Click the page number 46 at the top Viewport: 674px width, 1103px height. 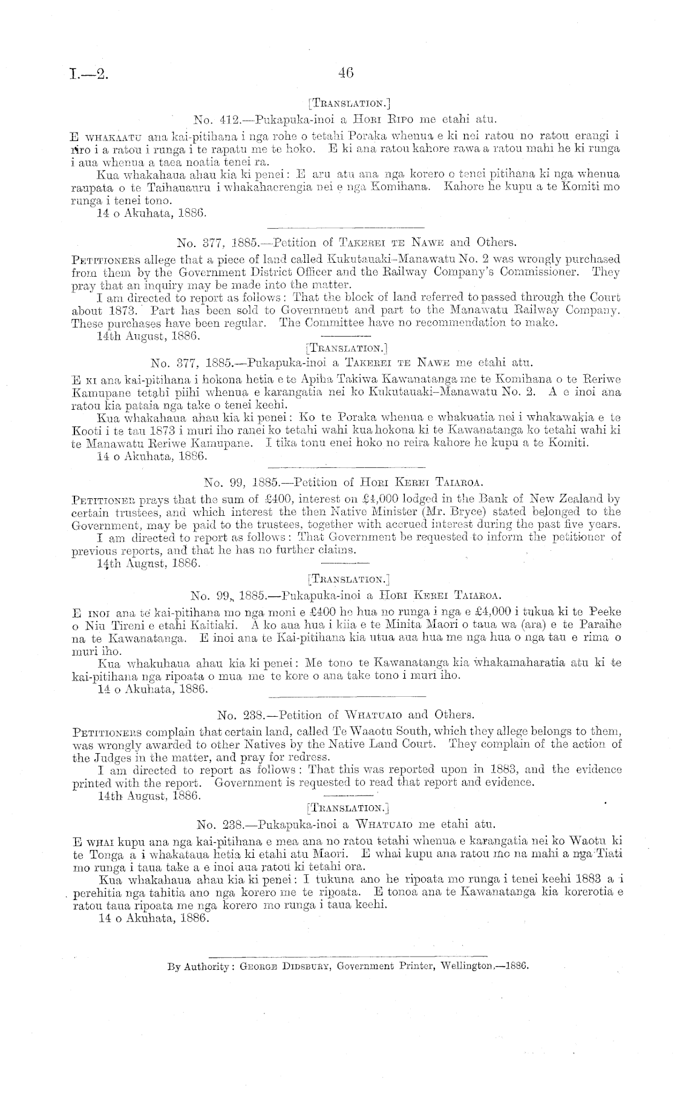pos(345,73)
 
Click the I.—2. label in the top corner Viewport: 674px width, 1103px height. pos(88,74)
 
